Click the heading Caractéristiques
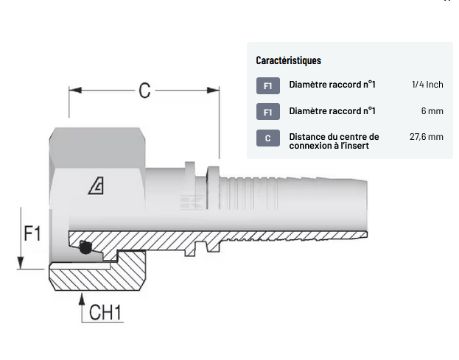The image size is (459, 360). (288, 60)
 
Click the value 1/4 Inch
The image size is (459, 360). (427, 85)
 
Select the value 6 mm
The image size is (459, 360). (432, 111)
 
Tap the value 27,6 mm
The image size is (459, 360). (426, 137)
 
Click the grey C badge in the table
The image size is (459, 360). (267, 138)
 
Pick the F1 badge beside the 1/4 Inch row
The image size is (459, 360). (267, 85)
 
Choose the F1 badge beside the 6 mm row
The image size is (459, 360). (267, 112)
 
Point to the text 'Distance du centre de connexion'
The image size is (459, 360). (334, 141)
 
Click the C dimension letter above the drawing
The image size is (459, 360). (144, 91)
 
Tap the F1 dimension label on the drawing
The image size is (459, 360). (32, 233)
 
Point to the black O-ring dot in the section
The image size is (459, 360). (85, 250)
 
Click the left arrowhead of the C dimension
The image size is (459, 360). (74, 91)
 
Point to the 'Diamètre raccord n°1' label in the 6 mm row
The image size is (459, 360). (332, 111)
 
